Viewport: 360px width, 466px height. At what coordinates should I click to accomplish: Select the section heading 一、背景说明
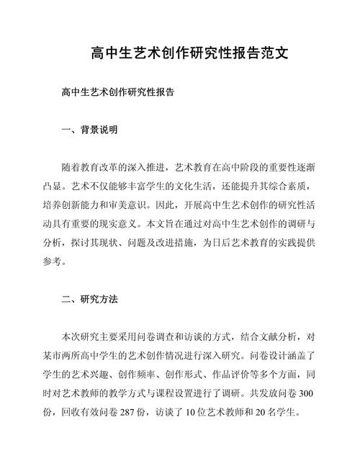[86, 130]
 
